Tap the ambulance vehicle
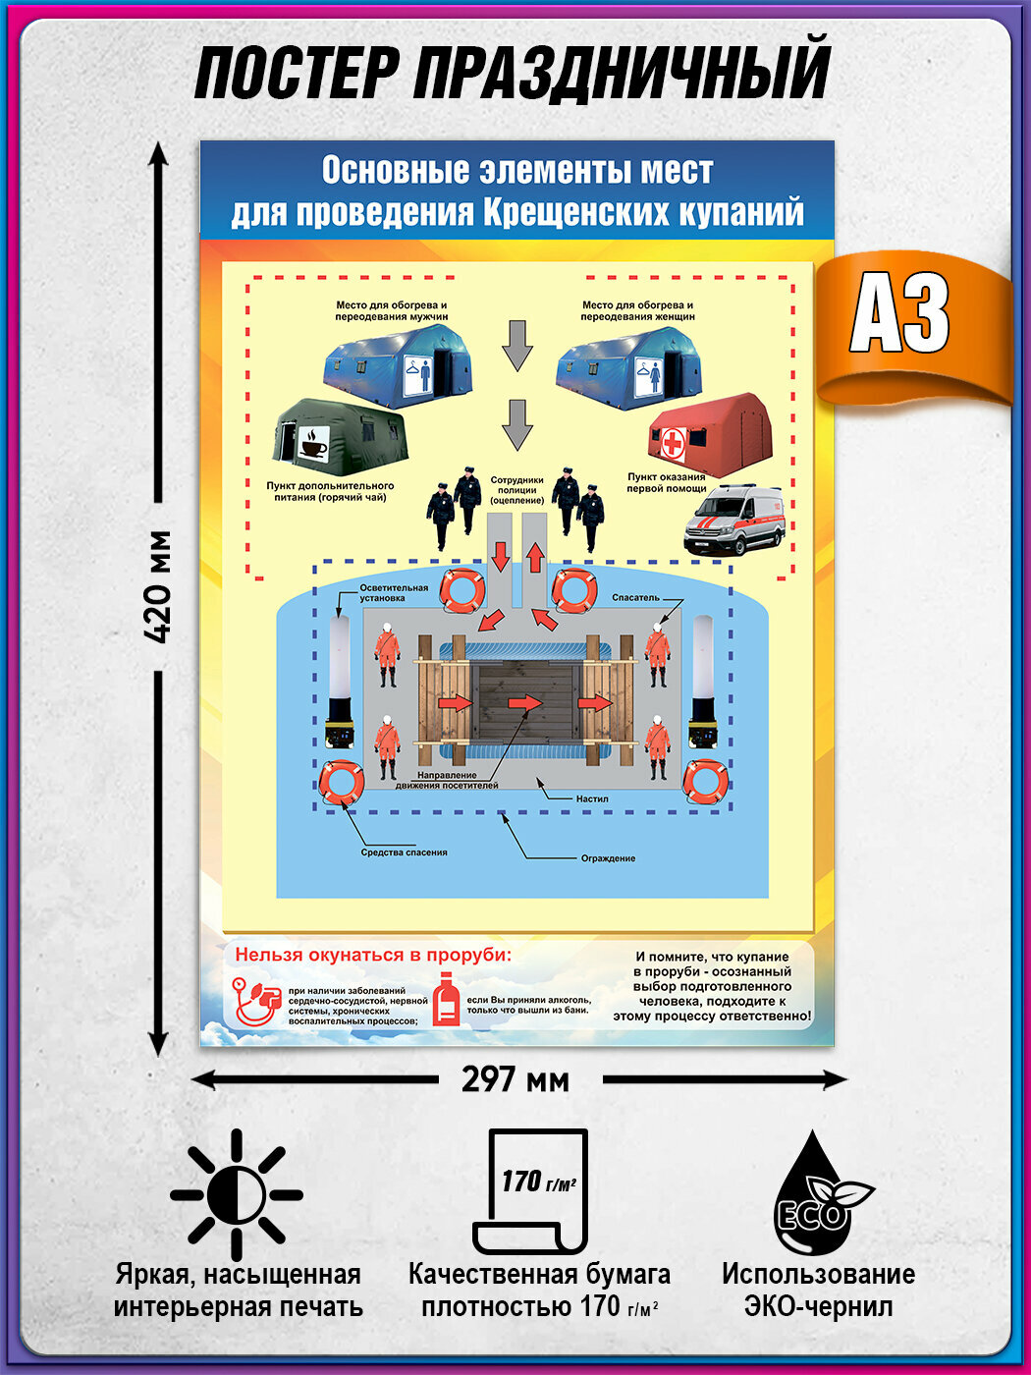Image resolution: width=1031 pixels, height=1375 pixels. click(x=734, y=518)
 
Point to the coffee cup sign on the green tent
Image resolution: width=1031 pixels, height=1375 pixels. click(x=311, y=443)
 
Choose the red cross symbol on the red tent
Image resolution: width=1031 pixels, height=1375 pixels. click(x=673, y=445)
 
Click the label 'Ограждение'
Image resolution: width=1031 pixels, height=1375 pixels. click(x=608, y=858)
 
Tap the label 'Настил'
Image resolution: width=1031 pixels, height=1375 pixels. click(x=592, y=798)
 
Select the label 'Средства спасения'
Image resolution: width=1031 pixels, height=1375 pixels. click(x=404, y=852)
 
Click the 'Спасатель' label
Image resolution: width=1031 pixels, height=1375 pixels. click(x=634, y=597)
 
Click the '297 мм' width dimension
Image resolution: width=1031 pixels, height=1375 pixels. click(x=515, y=1080)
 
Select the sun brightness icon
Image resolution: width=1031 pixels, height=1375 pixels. click(x=237, y=1194)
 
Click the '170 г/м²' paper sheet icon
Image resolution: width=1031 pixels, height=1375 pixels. click(x=531, y=1190)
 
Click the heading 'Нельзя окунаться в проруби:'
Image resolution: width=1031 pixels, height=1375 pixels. click(x=373, y=955)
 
